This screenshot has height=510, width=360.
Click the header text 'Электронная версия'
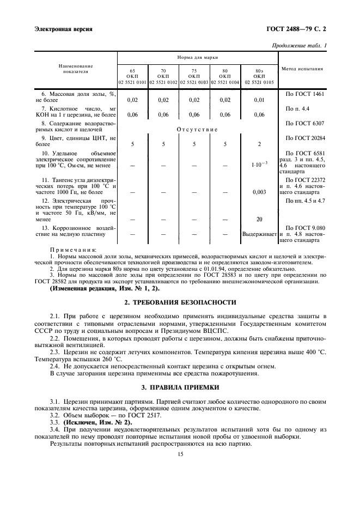pyautogui.click(x=62, y=28)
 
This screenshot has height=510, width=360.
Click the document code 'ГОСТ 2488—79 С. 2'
pyautogui.click(x=295, y=28)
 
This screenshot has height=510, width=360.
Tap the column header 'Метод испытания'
pyautogui.click(x=302, y=69)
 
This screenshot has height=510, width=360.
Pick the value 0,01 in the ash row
pyautogui.click(x=259, y=100)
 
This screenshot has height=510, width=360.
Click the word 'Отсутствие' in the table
pyautogui.click(x=197, y=129)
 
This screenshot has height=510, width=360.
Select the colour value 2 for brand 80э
pyautogui.click(x=259, y=144)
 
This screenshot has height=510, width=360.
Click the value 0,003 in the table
pyautogui.click(x=259, y=192)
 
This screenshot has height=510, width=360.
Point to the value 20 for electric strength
pyautogui.click(x=259, y=219)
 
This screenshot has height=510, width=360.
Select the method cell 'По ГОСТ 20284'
pyautogui.click(x=302, y=138)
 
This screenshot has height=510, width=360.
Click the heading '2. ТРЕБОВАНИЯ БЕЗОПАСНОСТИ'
pyautogui.click(x=180, y=301)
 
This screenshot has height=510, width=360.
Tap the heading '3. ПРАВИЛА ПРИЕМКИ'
pyautogui.click(x=180, y=387)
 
